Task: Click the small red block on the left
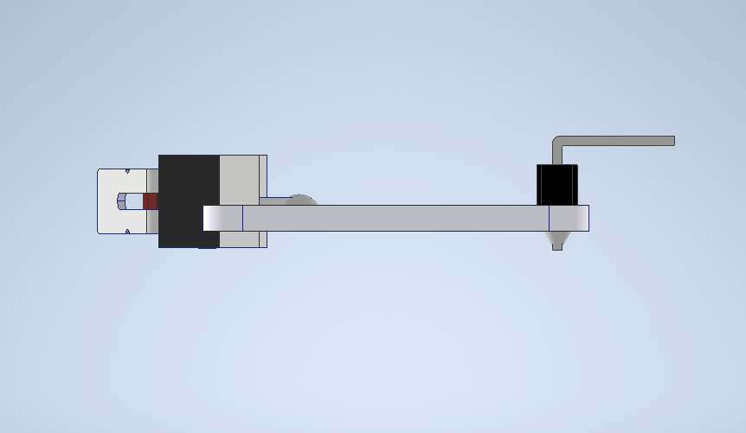151,201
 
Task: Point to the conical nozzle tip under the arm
557,240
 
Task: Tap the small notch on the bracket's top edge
127,169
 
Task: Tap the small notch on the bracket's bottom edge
127,232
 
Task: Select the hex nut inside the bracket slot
120,201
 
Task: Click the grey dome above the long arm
301,200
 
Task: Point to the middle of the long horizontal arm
396,218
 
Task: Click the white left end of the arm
222,218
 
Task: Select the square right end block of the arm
569,218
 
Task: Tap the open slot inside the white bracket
135,201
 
